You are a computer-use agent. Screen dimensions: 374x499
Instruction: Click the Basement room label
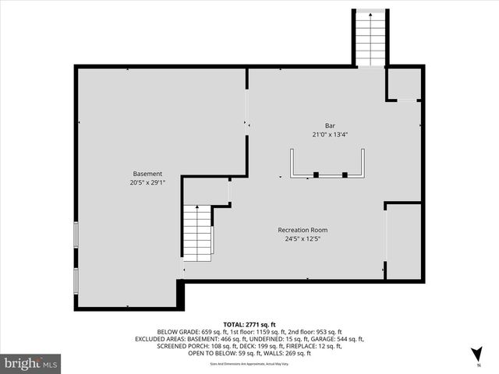coord(147,174)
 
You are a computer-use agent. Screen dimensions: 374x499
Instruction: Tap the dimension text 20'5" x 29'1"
coord(147,183)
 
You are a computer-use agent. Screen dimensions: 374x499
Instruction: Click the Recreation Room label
coord(303,230)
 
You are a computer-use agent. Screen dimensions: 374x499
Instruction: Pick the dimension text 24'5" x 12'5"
coord(303,239)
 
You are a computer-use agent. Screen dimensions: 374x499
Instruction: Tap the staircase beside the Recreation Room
coord(197,234)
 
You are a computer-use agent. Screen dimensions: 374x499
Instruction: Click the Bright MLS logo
coord(31,364)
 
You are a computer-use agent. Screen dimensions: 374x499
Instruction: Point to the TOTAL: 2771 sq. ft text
coord(249,323)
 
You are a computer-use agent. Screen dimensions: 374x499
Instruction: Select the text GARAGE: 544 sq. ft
coord(337,339)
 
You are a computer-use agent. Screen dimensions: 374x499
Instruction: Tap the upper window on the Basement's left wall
coord(75,235)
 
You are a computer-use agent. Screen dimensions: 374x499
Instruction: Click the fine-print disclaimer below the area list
coord(249,363)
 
